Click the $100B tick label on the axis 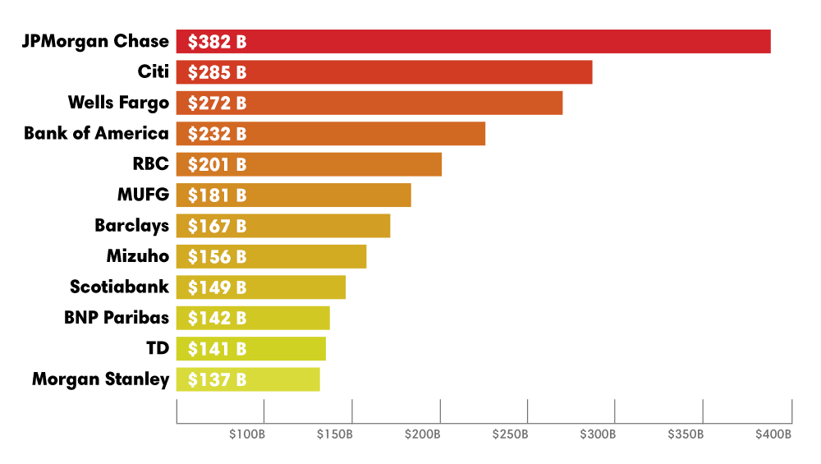pos(246,434)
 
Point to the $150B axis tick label pos(334,434)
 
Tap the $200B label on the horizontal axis pos(422,434)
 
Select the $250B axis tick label pos(510,434)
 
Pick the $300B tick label pos(598,434)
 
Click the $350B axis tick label pos(686,434)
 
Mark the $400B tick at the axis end pos(773,434)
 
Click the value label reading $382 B pos(217,42)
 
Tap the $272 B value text pos(217,103)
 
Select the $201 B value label pos(217,164)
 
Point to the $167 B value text pos(217,226)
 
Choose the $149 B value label pos(217,287)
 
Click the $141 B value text pos(217,349)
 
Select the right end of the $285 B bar pos(592,72)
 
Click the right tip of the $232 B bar pos(485,134)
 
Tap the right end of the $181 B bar pos(410,195)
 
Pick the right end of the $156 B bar pos(366,256)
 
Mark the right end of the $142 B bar pos(329,318)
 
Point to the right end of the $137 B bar pos(319,379)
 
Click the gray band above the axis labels pos(484,411)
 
